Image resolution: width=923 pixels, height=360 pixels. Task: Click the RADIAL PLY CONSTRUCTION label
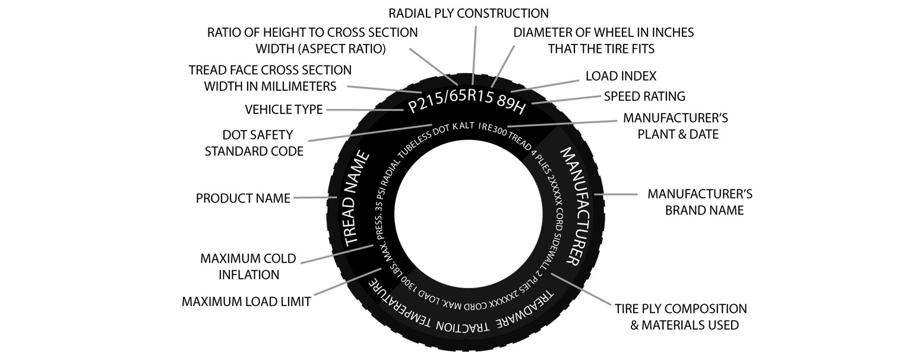pos(468,12)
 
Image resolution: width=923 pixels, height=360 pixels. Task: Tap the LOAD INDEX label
pos(621,76)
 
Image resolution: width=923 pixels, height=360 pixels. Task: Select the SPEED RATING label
pos(644,96)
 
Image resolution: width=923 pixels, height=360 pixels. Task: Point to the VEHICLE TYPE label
pos(283,110)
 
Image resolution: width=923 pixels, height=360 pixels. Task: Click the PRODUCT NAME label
pos(243,198)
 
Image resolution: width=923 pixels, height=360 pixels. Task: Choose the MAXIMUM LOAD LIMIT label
pos(246,302)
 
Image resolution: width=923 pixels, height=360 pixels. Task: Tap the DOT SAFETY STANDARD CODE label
pos(254,143)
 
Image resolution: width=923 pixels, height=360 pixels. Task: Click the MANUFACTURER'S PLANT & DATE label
pos(675,126)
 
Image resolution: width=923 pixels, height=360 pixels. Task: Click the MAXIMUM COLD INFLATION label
pos(239,267)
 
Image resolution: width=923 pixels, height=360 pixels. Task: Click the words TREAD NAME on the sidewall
pos(358,199)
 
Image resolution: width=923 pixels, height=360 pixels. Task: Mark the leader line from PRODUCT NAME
pos(311,197)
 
